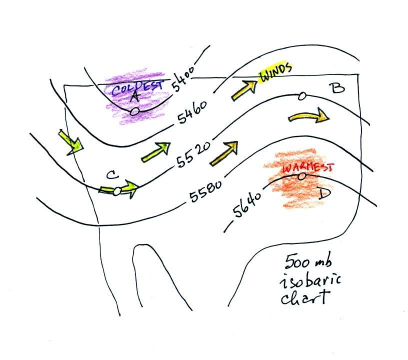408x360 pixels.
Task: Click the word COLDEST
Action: [137, 88]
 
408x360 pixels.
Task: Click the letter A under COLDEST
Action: [134, 98]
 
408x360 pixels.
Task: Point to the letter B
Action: [338, 88]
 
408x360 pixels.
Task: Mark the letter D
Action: [323, 194]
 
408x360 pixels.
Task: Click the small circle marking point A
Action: [134, 112]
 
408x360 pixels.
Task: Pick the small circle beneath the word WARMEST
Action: [301, 176]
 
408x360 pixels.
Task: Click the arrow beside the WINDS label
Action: [243, 90]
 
